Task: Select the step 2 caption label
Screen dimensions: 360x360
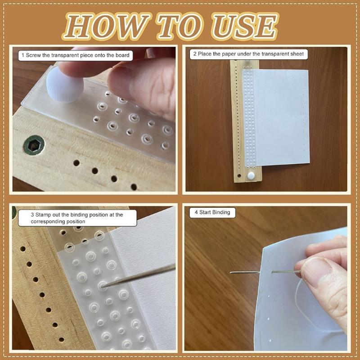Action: coord(248,54)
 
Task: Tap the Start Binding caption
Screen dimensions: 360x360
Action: coord(212,212)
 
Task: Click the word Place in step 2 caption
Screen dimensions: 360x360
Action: coord(206,54)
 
